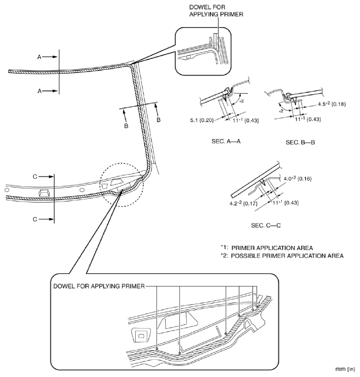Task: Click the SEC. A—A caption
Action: (221, 141)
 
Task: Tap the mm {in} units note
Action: (346, 368)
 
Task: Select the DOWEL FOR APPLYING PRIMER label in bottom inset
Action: (99, 286)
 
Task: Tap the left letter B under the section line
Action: (125, 125)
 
